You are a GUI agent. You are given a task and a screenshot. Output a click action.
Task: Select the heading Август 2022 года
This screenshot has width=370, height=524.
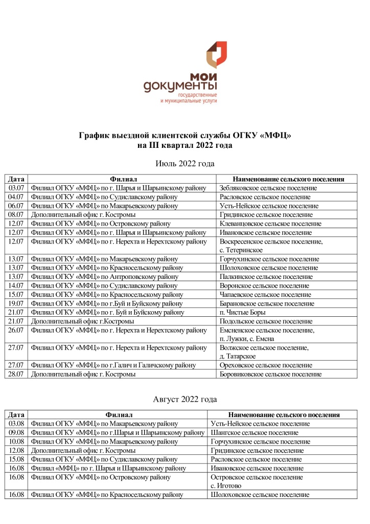click(x=184, y=399)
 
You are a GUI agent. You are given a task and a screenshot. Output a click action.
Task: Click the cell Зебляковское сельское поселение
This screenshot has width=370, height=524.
click(x=268, y=188)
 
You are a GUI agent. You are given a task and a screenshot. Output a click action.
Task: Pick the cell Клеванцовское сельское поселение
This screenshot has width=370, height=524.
click(x=270, y=223)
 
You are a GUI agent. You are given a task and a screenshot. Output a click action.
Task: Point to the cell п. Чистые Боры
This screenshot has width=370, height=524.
click(x=243, y=312)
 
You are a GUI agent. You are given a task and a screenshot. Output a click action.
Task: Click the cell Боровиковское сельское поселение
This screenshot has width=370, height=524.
click(x=270, y=374)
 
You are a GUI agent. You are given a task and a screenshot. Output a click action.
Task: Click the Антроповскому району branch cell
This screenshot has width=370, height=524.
click(x=105, y=276)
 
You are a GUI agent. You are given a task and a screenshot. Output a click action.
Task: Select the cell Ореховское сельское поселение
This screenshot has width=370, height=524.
click(x=265, y=365)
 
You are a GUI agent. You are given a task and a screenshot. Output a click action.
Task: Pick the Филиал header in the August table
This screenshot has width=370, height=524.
click(x=119, y=414)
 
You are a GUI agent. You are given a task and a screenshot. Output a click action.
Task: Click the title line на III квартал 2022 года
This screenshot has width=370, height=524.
click(x=184, y=145)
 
